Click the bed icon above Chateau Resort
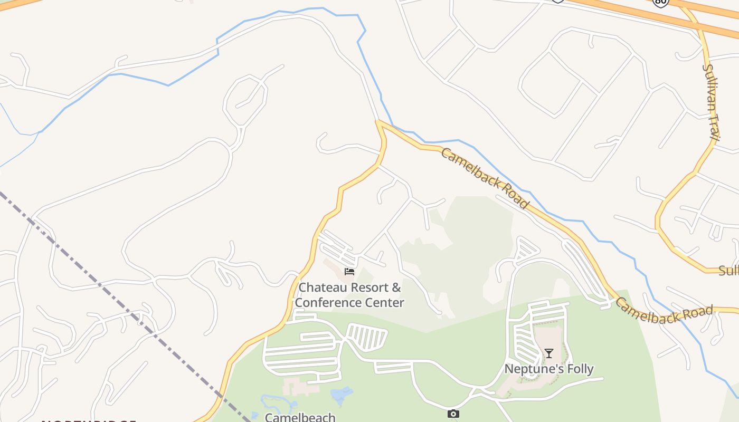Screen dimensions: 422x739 tap(349, 272)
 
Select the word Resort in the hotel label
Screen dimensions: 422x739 tap(368, 288)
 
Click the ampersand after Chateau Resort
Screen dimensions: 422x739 tap(396, 288)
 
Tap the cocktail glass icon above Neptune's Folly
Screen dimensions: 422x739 tap(549, 353)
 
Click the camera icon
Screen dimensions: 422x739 tap(453, 414)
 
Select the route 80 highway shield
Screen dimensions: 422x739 tap(660, 2)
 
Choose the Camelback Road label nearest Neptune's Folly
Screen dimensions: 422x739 tap(664, 311)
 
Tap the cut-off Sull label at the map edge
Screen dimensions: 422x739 tap(728, 271)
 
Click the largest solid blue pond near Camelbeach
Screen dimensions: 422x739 tap(341, 394)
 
